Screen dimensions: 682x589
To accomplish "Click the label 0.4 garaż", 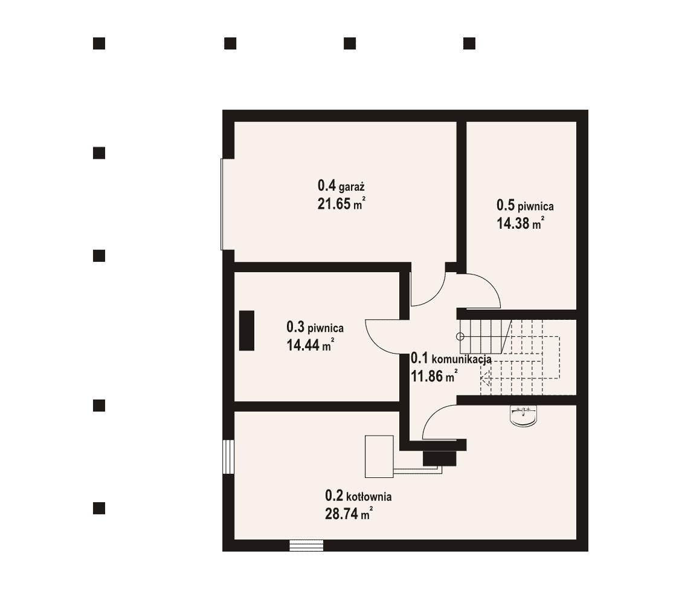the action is pyautogui.click(x=341, y=186).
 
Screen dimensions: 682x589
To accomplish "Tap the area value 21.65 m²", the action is pyautogui.click(x=341, y=203).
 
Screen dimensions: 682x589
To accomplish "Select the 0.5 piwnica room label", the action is pyautogui.click(x=525, y=205).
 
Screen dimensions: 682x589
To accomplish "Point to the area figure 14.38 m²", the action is pyautogui.click(x=520, y=223).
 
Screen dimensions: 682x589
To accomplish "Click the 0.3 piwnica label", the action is pyautogui.click(x=315, y=327).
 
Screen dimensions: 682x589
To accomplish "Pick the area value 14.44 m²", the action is pyautogui.click(x=310, y=345).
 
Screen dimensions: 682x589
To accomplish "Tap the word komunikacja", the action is pyautogui.click(x=462, y=360).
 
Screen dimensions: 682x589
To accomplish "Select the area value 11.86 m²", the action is pyautogui.click(x=434, y=376).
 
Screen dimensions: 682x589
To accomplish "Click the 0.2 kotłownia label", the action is pyautogui.click(x=358, y=495).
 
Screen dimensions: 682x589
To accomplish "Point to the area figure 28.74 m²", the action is pyautogui.click(x=349, y=514).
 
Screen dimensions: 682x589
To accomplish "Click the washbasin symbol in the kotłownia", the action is pyautogui.click(x=523, y=415).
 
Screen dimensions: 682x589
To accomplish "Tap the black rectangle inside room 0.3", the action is pyautogui.click(x=246, y=330).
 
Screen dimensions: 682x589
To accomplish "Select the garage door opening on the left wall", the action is pyautogui.click(x=222, y=204).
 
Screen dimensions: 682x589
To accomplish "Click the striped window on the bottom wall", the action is pyautogui.click(x=307, y=545).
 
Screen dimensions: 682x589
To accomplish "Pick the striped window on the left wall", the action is pyautogui.click(x=228, y=457).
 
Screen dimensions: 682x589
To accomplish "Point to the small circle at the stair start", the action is pyautogui.click(x=460, y=337).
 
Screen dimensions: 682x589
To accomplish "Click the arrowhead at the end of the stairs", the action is pyautogui.click(x=484, y=378).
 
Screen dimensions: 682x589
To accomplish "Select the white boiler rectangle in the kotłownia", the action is pyautogui.click(x=379, y=456).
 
